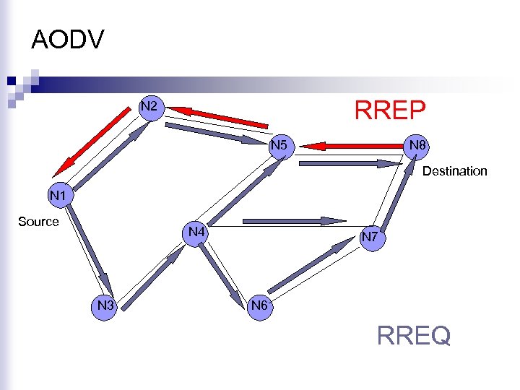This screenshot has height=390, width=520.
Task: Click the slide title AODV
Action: point(68,40)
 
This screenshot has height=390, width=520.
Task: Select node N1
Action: point(58,195)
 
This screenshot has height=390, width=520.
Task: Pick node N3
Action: point(106,305)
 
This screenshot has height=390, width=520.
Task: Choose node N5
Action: point(280,147)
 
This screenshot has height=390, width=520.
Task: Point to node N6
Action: point(259,305)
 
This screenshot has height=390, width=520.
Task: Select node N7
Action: point(370,236)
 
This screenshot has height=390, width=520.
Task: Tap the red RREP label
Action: point(390,111)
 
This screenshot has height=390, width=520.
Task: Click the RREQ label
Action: point(414,335)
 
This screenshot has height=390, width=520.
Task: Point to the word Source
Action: point(38,222)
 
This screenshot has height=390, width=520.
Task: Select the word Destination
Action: point(454,171)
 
